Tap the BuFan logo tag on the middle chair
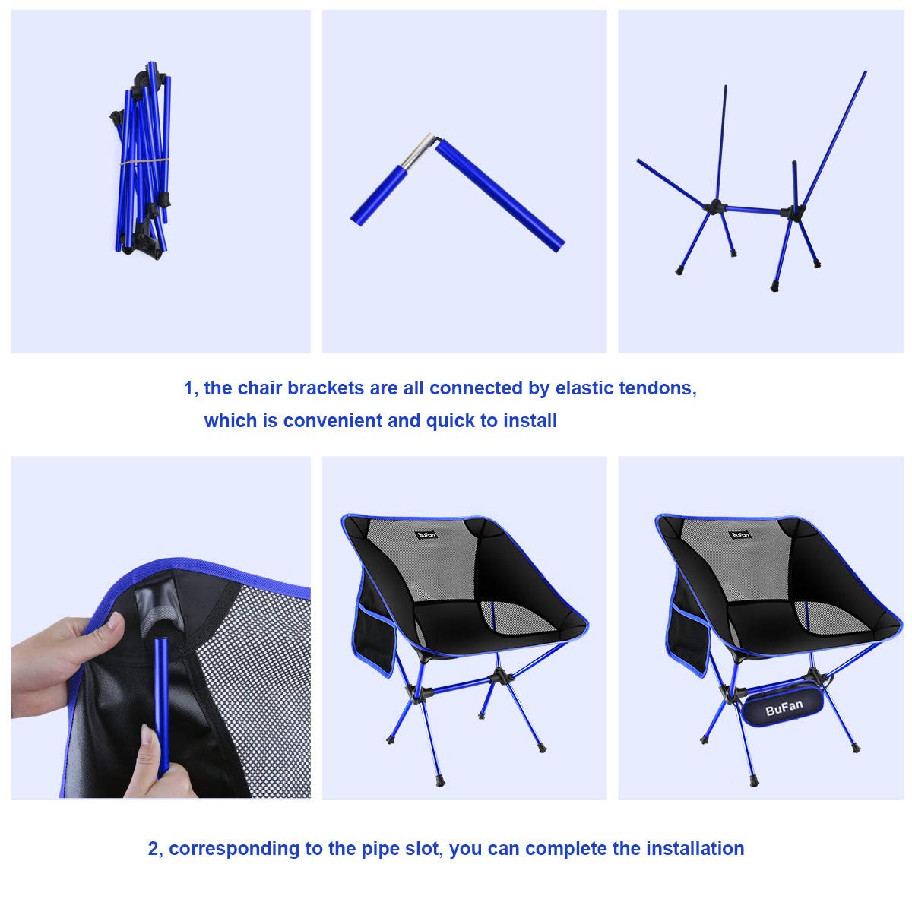click(426, 534)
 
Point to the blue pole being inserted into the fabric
click(162, 707)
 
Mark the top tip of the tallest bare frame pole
click(865, 72)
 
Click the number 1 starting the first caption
click(188, 388)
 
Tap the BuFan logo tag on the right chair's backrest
click(739, 534)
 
